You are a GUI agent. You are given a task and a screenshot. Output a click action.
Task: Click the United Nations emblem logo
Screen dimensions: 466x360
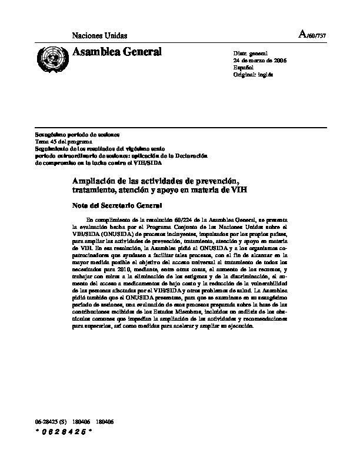point(52,57)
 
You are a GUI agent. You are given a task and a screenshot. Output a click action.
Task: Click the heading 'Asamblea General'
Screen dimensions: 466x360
point(116,53)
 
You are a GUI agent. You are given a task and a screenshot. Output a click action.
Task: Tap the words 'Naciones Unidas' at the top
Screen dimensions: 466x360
point(99,36)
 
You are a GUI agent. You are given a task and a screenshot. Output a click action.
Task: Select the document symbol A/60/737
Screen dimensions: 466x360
point(312,35)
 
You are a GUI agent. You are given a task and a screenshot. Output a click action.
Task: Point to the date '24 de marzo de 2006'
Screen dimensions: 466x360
point(260,61)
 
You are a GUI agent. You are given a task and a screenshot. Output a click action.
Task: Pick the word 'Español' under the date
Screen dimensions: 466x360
point(244,68)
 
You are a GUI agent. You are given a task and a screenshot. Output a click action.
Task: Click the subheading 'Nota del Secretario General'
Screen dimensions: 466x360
point(113,205)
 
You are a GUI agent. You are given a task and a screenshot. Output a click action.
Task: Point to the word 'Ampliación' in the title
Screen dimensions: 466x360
point(96,178)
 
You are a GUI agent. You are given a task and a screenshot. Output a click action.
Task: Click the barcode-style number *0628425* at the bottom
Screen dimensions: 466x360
point(65,432)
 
